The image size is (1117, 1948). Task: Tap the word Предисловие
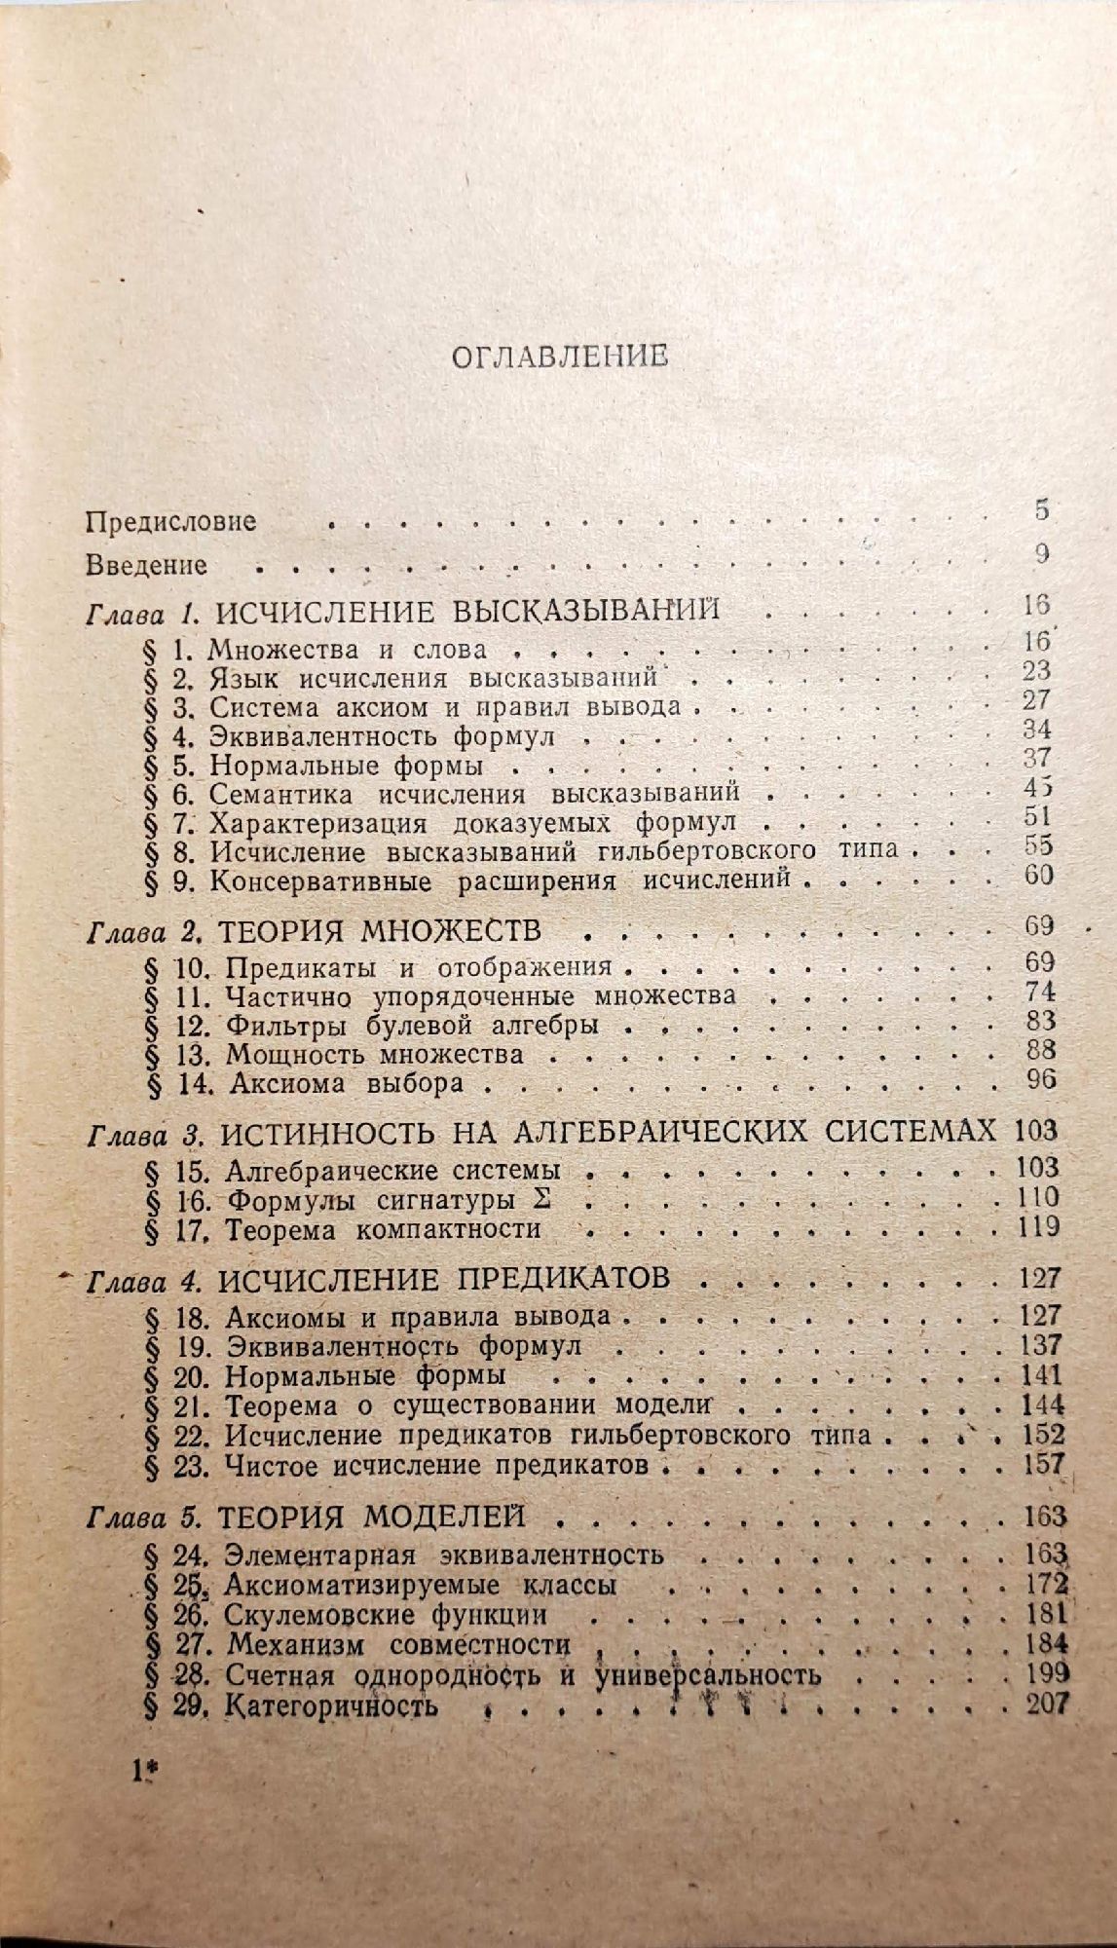(x=170, y=521)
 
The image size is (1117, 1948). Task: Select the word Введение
(x=146, y=564)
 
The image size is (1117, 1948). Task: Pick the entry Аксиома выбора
(x=343, y=1081)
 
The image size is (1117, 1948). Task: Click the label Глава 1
(x=143, y=614)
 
